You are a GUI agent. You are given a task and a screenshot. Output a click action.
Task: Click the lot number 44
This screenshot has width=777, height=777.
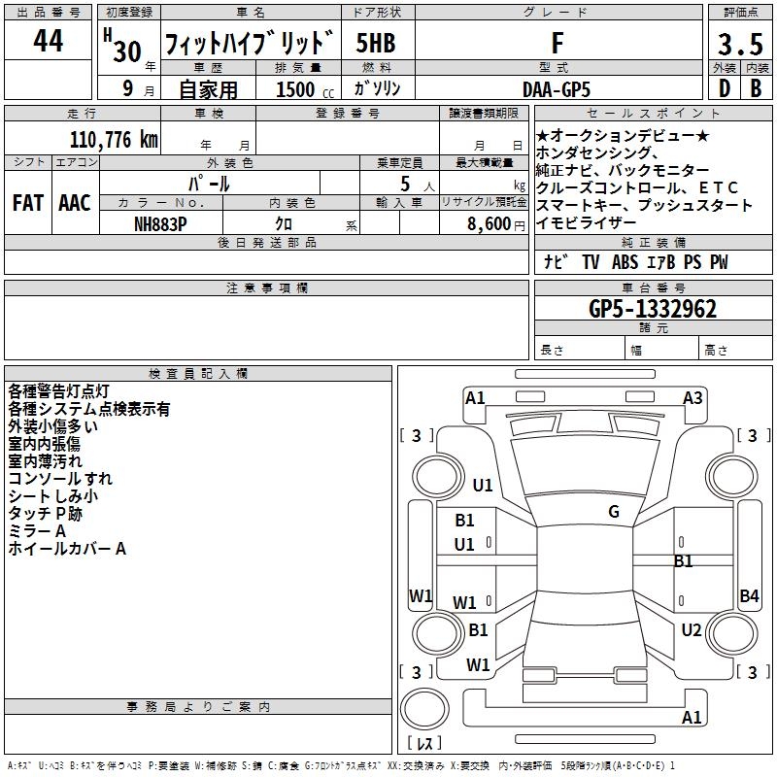tap(48, 43)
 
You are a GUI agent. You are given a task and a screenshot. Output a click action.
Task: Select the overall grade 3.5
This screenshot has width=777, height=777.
tap(739, 45)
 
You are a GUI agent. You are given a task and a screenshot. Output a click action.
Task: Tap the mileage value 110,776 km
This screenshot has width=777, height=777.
tap(114, 140)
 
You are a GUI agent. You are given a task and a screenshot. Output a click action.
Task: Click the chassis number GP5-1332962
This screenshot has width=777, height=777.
tap(653, 309)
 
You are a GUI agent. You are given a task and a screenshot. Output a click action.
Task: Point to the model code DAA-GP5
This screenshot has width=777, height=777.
tap(556, 88)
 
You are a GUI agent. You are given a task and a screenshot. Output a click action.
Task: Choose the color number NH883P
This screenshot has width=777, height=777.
tap(161, 222)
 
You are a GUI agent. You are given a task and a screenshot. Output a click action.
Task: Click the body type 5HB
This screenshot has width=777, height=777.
tap(375, 44)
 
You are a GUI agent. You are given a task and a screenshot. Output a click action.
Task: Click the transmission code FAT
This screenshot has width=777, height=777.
tap(27, 202)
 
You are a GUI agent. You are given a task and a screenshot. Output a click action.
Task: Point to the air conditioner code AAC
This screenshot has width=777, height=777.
tap(74, 202)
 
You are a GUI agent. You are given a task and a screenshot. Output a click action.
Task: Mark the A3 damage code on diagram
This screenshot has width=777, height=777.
tap(693, 397)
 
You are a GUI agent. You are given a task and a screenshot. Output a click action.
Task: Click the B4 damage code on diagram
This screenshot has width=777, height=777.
tap(749, 596)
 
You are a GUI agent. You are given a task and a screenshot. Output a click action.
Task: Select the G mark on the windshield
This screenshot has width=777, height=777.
tap(614, 512)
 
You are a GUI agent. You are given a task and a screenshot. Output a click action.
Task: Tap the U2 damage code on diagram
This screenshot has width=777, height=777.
tap(691, 630)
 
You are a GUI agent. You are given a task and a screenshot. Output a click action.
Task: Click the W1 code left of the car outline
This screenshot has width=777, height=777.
tap(421, 596)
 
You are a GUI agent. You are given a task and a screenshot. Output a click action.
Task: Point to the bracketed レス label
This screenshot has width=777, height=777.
tap(424, 745)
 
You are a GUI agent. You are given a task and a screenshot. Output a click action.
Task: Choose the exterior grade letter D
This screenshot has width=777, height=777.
tap(724, 88)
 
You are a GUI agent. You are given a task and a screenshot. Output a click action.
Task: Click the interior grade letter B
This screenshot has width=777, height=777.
tap(756, 88)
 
